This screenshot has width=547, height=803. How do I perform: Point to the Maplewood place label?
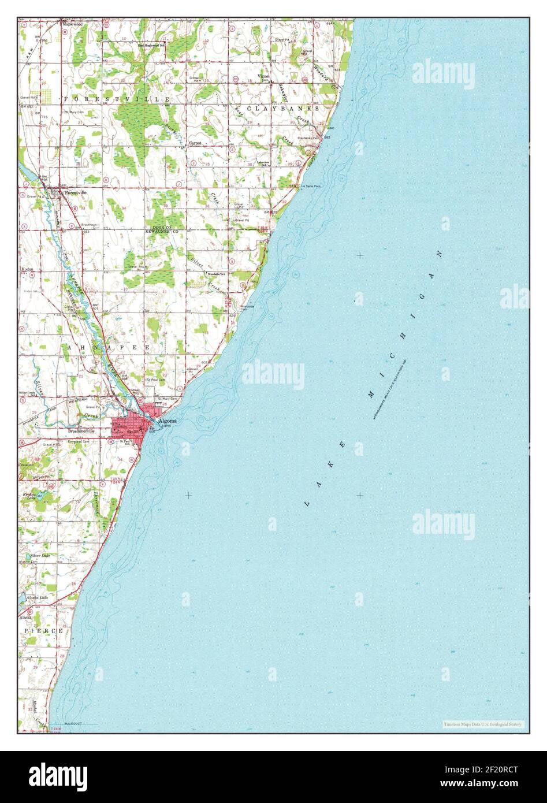point(73,24)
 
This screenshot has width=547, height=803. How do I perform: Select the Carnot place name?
point(195,142)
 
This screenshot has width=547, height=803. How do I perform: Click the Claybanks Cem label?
point(311,138)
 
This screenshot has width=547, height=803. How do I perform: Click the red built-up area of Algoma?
point(130,425)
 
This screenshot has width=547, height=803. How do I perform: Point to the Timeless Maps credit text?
point(483,724)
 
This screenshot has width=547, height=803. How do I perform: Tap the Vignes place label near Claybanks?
point(264,76)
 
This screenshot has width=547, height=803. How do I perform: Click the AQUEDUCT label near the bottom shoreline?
point(73,723)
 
